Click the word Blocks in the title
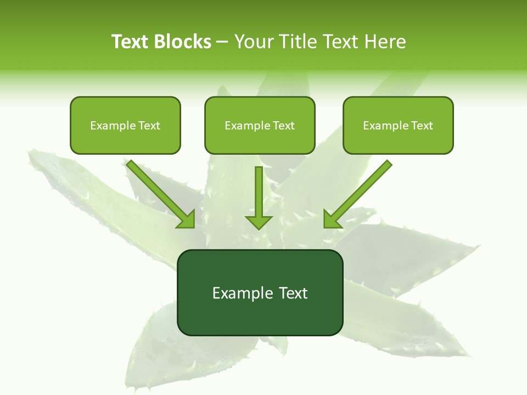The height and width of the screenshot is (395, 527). click(x=183, y=42)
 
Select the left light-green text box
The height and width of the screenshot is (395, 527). click(x=125, y=125)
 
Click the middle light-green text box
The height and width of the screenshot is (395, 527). click(x=260, y=125)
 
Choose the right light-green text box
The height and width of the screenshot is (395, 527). click(x=398, y=125)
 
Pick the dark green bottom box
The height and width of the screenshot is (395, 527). click(x=260, y=292)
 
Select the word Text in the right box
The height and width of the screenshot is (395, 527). click(x=422, y=126)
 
